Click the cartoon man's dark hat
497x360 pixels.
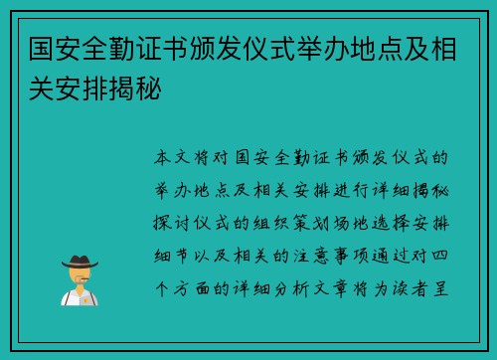click(x=79, y=260)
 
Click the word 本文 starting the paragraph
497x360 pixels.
click(x=177, y=158)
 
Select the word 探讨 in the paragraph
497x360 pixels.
click(x=177, y=214)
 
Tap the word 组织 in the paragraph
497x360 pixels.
click(x=282, y=214)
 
